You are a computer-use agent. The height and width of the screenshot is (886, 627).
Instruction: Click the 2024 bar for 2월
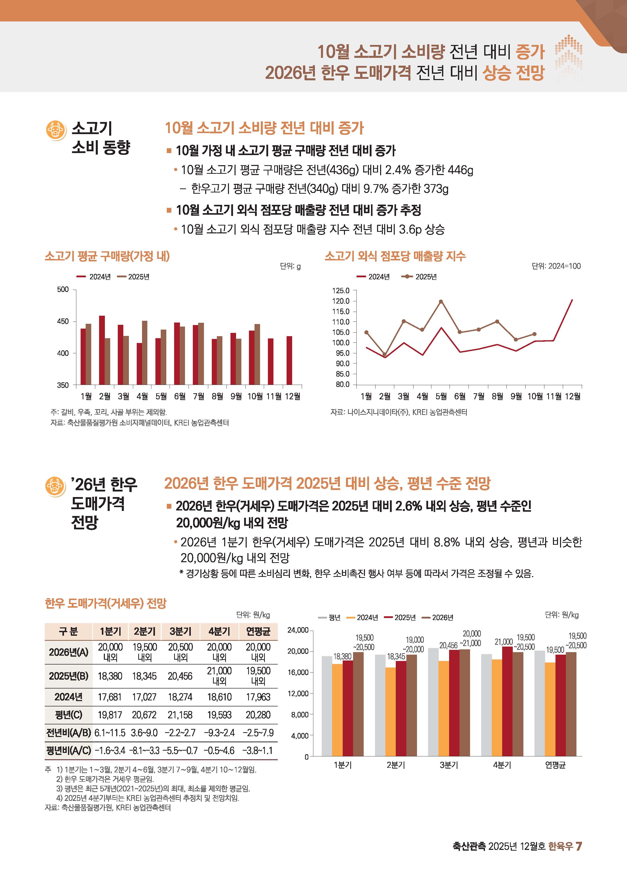[102, 350]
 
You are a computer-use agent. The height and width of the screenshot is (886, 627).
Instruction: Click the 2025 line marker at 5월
[441, 301]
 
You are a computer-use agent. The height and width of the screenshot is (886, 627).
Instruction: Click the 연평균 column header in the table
[258, 631]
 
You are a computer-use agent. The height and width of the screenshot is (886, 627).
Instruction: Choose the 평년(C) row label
[68, 715]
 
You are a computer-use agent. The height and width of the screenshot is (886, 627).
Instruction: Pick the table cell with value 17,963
[258, 697]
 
